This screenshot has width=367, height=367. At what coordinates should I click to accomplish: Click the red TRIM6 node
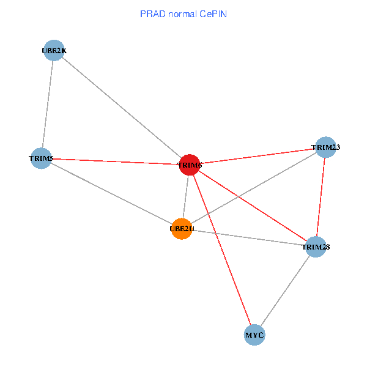pos(190,165)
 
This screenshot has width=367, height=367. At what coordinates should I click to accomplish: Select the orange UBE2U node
pos(182,229)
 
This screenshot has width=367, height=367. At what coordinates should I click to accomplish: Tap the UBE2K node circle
pos(54,51)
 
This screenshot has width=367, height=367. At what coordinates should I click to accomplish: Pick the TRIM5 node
pos(41,158)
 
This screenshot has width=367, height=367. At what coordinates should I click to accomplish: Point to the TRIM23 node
pos(325,147)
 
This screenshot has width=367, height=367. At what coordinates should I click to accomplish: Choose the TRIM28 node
pos(316,247)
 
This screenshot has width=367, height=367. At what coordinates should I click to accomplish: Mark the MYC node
pos(254,335)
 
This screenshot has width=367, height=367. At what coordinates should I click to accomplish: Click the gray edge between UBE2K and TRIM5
pos(48,105)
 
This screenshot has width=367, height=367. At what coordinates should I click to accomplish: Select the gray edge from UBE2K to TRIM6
pos(122,108)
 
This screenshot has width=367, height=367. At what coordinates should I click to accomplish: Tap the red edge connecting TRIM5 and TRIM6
pos(115,161)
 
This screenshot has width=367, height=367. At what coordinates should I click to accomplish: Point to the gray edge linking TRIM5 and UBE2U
pos(111,194)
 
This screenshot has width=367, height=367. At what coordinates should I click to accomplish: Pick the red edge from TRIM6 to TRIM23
pos(258,155)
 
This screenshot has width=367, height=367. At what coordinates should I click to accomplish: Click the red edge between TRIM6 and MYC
pos(222,250)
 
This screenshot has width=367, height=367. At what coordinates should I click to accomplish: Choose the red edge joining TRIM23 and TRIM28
pos(321,196)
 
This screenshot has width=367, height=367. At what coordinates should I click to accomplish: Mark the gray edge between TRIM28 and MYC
pos(285,291)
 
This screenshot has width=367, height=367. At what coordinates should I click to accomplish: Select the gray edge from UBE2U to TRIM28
pos(248,237)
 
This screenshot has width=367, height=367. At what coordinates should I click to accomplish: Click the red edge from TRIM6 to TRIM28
pos(253,206)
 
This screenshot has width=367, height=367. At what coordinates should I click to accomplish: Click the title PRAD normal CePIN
pos(183,14)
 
